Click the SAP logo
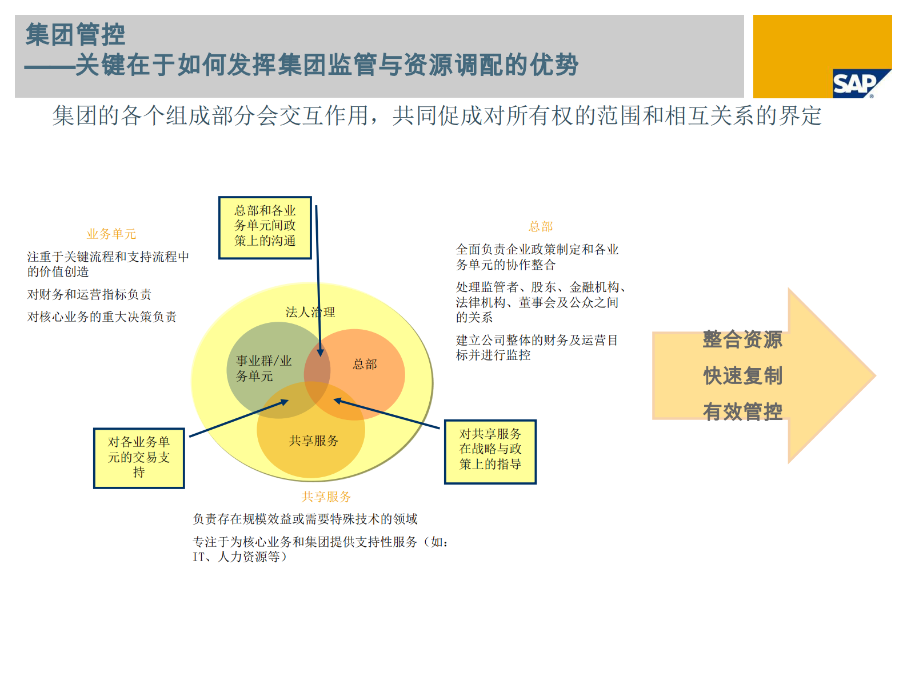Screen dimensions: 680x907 [x=855, y=85]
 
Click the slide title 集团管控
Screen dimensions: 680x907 [x=75, y=34]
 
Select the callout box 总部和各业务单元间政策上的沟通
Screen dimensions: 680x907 [x=265, y=227]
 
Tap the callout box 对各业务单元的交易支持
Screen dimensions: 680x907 [x=139, y=458]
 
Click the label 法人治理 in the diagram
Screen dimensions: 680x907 [x=310, y=312]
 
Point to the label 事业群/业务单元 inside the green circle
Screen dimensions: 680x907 [x=263, y=369]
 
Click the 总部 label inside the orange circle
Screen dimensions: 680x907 [x=365, y=365]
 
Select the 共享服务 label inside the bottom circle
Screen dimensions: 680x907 [x=313, y=441]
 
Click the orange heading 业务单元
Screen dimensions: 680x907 [x=111, y=234]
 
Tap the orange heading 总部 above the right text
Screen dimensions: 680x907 [x=541, y=226]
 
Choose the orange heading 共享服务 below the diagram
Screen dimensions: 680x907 [x=326, y=497]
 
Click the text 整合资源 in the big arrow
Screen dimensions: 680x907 [x=742, y=339]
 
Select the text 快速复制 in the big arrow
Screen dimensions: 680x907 [x=742, y=376]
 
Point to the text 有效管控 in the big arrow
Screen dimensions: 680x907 [x=742, y=411]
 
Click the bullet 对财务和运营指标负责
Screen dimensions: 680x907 [x=89, y=294]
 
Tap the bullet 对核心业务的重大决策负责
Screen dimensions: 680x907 [x=102, y=317]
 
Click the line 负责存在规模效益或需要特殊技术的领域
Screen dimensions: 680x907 [x=305, y=519]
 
